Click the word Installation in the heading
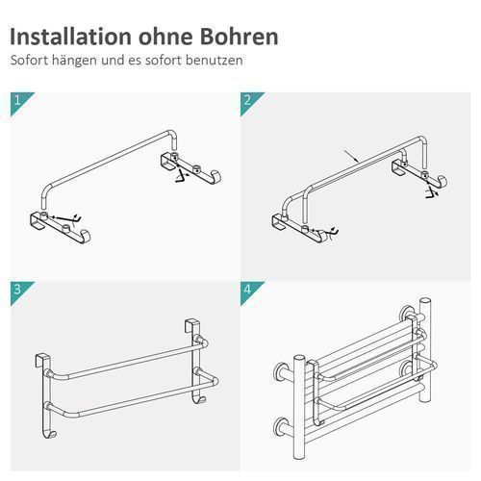[71, 37]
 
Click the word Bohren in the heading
[240, 37]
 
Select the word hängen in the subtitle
[75, 61]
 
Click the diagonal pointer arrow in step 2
[351, 156]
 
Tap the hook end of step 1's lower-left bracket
[85, 236]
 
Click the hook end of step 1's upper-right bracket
[215, 177]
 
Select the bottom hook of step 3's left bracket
[50, 434]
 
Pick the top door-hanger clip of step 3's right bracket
[190, 325]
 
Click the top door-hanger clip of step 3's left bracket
[42, 361]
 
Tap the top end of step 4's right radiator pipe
[425, 301]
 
